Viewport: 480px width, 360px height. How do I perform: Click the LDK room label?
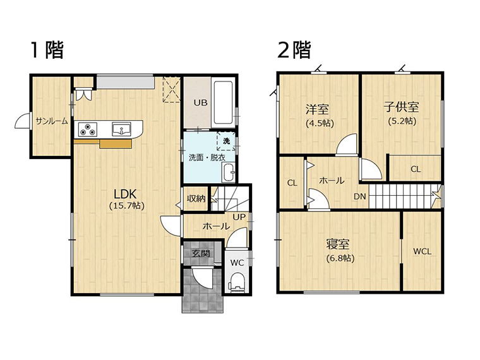click(x=125, y=194)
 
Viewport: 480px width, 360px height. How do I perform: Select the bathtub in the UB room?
click(x=224, y=102)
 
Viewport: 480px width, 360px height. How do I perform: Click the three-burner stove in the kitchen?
click(x=88, y=129)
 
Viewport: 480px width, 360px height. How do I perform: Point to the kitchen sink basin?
click(x=121, y=129)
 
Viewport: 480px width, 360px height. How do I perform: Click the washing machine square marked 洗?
click(x=226, y=141)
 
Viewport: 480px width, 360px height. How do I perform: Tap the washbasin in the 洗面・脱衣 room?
click(x=228, y=172)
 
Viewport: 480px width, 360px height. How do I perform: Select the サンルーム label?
click(x=51, y=121)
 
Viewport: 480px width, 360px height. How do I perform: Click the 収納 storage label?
click(x=196, y=198)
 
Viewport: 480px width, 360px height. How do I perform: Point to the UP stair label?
click(x=239, y=217)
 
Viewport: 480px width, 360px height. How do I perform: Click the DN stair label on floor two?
click(x=360, y=196)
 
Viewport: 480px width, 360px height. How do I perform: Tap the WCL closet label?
click(x=423, y=251)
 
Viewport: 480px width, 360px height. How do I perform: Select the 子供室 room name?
click(x=401, y=107)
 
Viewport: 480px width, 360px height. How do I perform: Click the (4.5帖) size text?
click(x=320, y=123)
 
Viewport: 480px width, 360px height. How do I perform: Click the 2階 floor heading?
click(x=294, y=50)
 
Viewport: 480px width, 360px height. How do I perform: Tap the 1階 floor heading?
click(x=47, y=50)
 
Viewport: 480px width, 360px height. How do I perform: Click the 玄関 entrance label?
click(x=201, y=253)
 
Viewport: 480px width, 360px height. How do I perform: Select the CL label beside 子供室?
click(x=416, y=169)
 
